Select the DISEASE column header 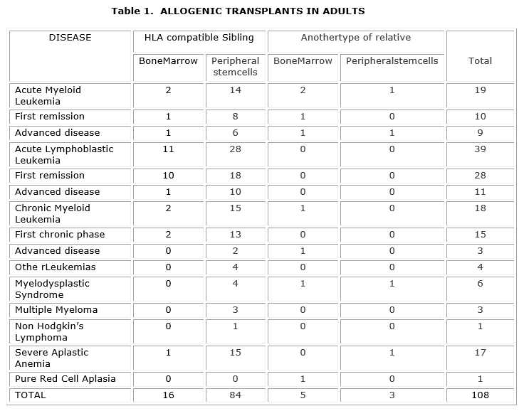point(70,38)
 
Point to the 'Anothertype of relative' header point(355,38)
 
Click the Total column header point(480,61)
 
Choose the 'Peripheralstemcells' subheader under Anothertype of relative point(392,61)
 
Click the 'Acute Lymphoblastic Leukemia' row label point(64,154)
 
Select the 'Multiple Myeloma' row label point(56,310)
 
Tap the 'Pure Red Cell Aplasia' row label point(65,378)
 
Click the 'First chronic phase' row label point(60,235)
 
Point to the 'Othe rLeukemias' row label point(55,267)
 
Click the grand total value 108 point(480,395)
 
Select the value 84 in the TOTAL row point(236,395)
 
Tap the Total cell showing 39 point(480,149)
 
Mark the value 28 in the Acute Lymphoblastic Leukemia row point(236,149)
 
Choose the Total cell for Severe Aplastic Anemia point(480,353)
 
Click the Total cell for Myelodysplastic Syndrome point(480,284)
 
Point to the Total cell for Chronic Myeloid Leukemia point(480,208)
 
